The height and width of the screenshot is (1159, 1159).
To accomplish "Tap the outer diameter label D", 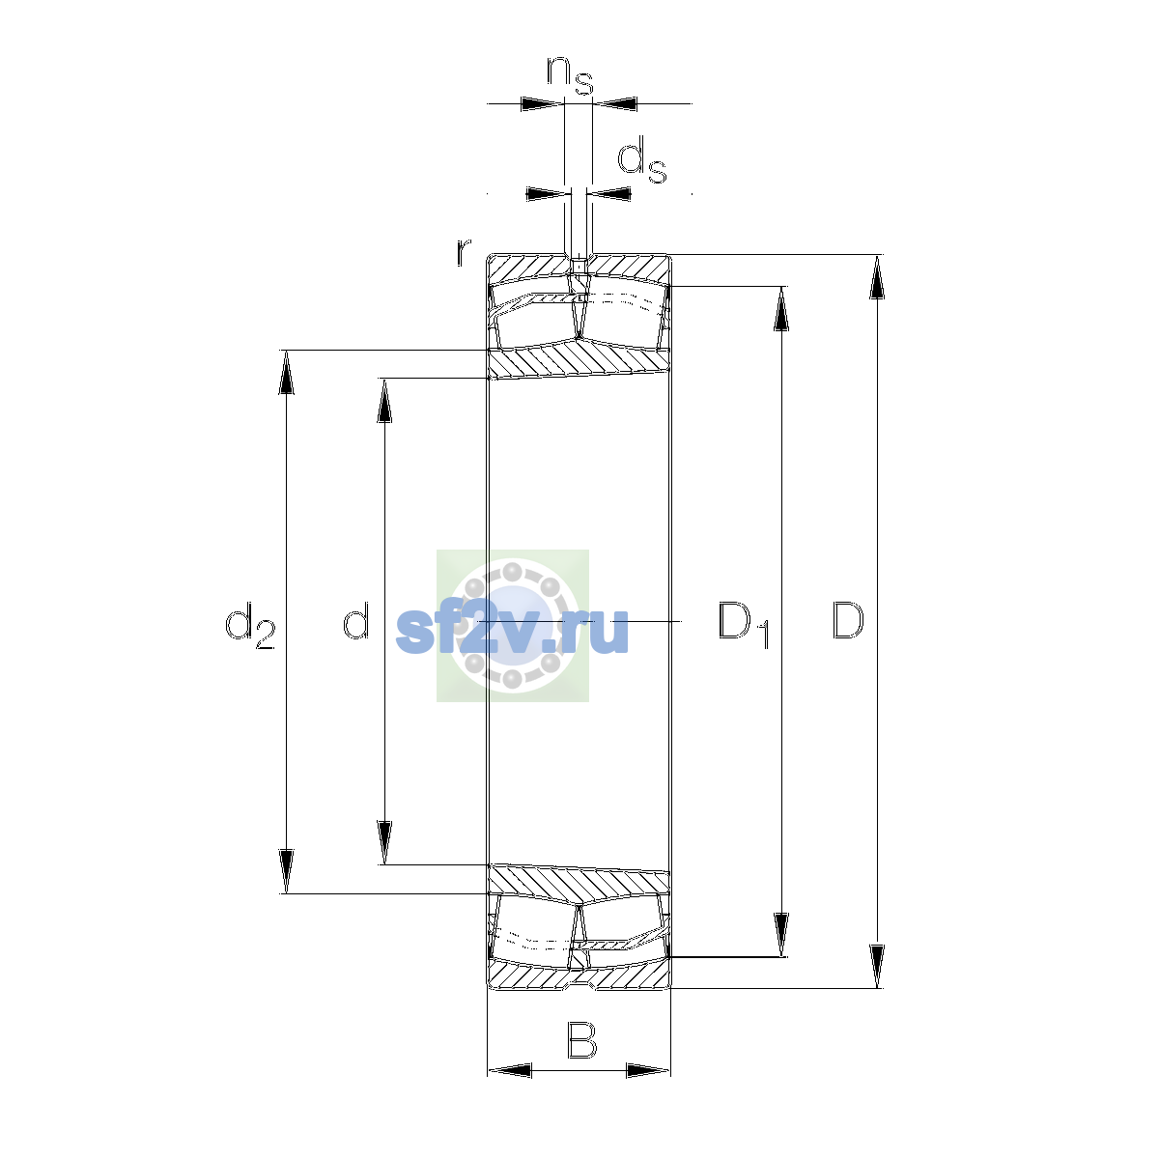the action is point(847,620).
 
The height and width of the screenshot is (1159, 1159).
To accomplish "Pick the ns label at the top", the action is point(570,75).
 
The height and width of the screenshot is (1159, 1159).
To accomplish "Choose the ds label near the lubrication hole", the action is point(642,159).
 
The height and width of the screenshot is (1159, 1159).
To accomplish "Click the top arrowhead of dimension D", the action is point(877,276).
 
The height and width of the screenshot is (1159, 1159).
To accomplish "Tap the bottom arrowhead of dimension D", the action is point(877,967).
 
